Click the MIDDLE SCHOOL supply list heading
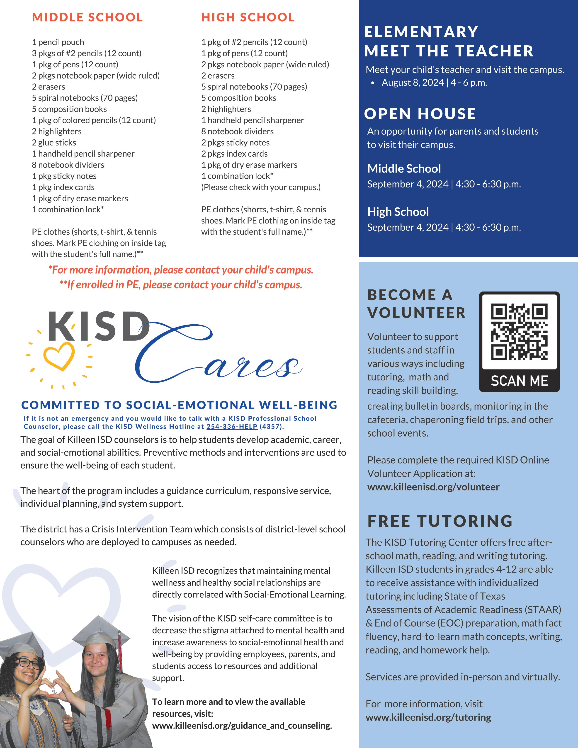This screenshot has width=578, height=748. (x=87, y=17)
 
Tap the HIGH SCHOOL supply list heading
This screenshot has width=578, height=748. (x=248, y=17)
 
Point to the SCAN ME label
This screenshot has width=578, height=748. (x=519, y=381)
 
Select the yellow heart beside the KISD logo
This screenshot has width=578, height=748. (x=59, y=356)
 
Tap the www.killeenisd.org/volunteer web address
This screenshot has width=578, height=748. (x=433, y=487)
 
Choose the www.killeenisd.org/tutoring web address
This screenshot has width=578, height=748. (x=428, y=717)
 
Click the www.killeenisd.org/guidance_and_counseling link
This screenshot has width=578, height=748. (x=242, y=725)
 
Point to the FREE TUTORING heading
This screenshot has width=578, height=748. (x=440, y=521)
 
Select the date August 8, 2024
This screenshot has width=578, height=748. (x=413, y=83)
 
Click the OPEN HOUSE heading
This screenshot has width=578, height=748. (x=420, y=114)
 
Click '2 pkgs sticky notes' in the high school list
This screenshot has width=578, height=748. (x=235, y=143)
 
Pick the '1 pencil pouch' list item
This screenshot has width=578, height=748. (x=58, y=42)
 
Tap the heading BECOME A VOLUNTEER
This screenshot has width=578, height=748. (x=416, y=304)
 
